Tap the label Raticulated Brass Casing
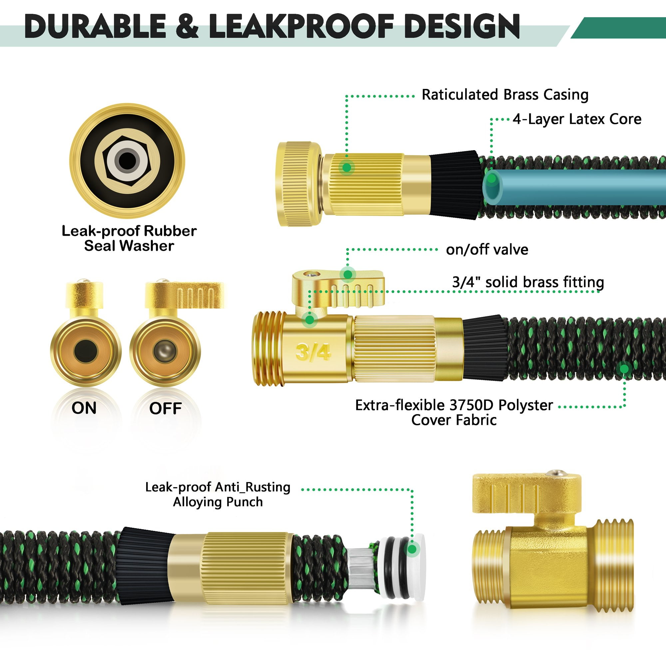pyautogui.click(x=505, y=95)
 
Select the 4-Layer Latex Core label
pyautogui.click(x=577, y=119)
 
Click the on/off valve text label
pyautogui.click(x=487, y=249)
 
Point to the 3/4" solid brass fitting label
pyautogui.click(x=528, y=282)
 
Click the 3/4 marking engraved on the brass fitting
pyautogui.click(x=313, y=352)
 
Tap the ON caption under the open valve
pyautogui.click(x=84, y=408)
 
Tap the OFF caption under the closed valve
pyautogui.click(x=165, y=409)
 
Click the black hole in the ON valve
pyautogui.click(x=85, y=351)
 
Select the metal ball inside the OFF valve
pyautogui.click(x=165, y=351)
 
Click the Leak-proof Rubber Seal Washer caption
pyautogui.click(x=129, y=238)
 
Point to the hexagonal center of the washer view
pyautogui.click(x=127, y=161)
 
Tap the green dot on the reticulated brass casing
pyautogui.click(x=347, y=167)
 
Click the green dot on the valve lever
pyautogui.click(x=348, y=274)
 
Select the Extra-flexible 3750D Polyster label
pyautogui.click(x=454, y=405)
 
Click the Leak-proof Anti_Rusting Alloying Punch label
pyautogui.click(x=217, y=494)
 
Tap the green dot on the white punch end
pyautogui.click(x=412, y=549)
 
